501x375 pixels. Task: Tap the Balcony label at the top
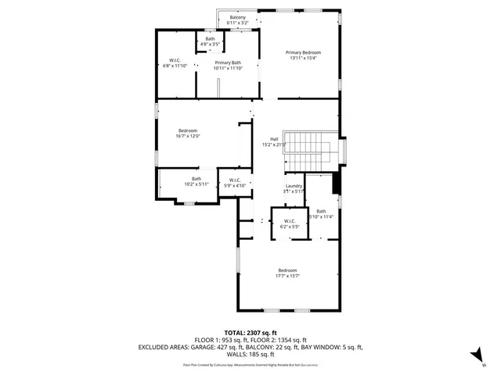point(236,17)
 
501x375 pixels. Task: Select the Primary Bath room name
point(229,62)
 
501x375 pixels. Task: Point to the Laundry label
point(294,185)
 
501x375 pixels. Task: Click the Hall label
point(274,139)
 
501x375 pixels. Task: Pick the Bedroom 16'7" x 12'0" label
point(187,130)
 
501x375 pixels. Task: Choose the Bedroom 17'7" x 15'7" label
point(287,270)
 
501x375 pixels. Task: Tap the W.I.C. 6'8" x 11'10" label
point(175,59)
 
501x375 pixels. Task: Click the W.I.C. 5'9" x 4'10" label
point(235,180)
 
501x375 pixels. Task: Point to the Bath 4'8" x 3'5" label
point(210,39)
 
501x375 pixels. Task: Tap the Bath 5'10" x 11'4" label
point(321,211)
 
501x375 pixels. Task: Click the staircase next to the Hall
point(319,149)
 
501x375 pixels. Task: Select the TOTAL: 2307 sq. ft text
point(250,332)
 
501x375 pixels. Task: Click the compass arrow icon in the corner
point(474,355)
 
